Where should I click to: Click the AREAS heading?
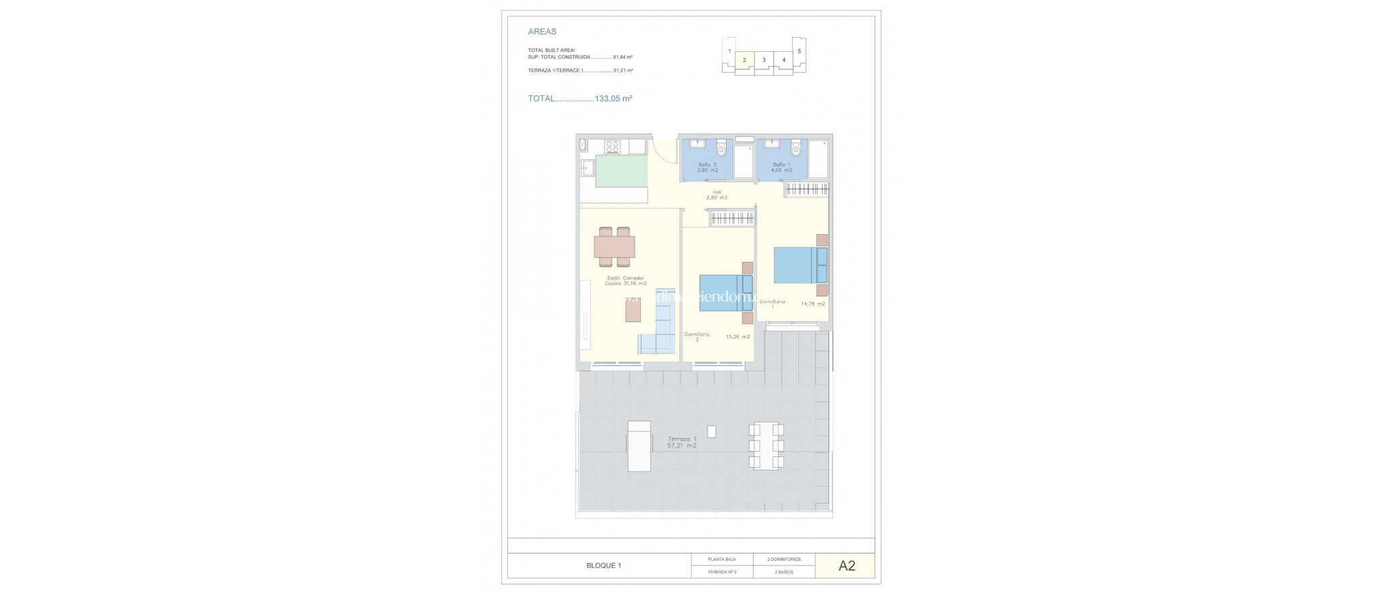[542, 32]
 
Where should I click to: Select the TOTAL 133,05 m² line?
[579, 99]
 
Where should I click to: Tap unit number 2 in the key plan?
[744, 60]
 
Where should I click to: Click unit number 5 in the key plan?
[799, 51]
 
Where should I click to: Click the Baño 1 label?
[782, 167]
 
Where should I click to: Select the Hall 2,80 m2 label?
[716, 195]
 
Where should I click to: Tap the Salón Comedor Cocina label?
[153, 281]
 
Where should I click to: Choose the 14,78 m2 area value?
[812, 304]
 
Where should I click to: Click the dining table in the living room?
[142, 247]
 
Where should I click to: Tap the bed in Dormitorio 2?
[721, 293]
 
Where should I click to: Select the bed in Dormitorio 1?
[797, 265]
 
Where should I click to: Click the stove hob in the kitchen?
[140, 146]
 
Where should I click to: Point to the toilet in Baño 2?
[721, 147]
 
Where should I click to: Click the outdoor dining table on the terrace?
[766, 446]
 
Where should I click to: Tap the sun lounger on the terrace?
[166, 446]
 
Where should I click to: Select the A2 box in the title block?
[846, 566]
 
